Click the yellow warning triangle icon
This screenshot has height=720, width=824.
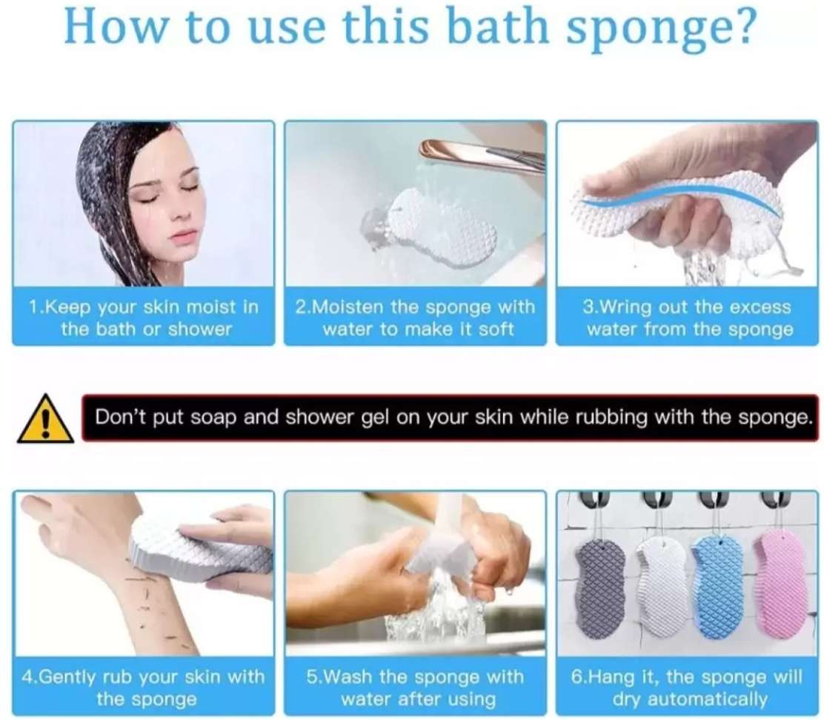[x=45, y=419]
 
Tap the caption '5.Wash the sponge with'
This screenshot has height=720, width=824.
[x=415, y=676]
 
